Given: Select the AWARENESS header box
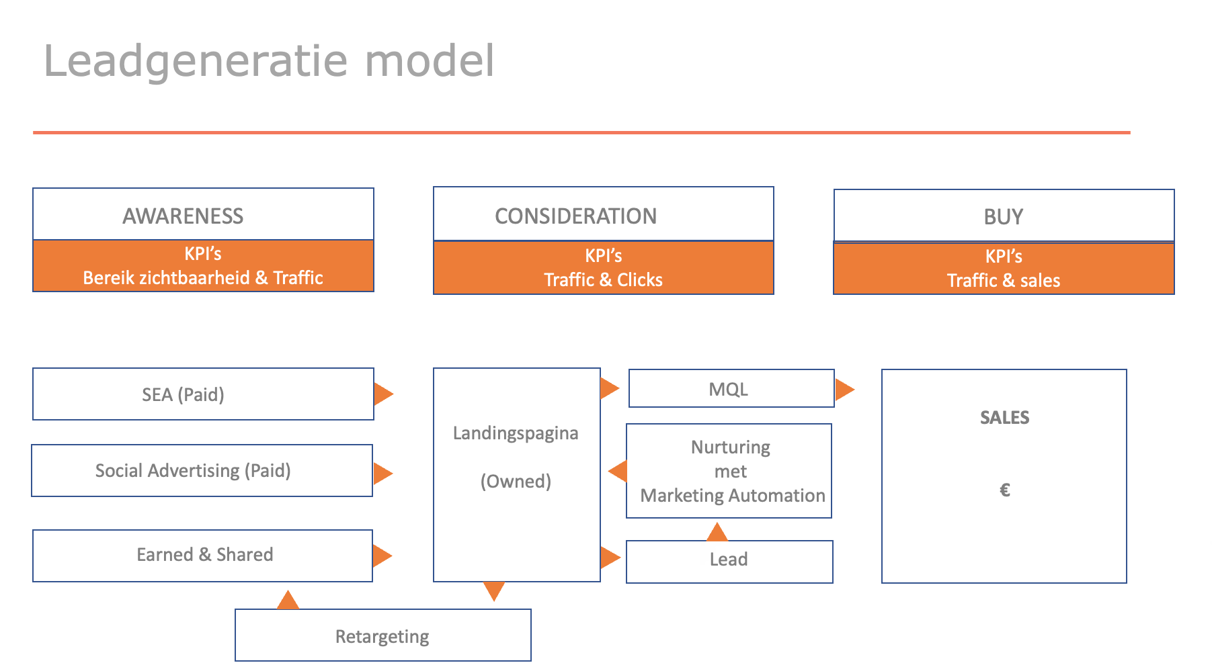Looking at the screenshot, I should (x=203, y=215).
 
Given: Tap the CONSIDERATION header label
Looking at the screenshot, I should (x=575, y=216).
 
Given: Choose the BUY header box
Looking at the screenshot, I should (x=1004, y=216).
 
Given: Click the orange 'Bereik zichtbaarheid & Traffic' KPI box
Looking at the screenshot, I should (x=203, y=266).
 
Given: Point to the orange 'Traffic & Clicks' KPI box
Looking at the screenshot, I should (x=603, y=268).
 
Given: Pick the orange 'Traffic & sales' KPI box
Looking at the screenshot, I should (x=1004, y=269).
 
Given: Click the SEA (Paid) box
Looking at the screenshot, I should (x=203, y=394).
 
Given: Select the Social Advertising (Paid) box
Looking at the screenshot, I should (x=202, y=471).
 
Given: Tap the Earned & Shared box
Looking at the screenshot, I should (x=202, y=555).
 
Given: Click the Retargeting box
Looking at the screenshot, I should (x=382, y=635).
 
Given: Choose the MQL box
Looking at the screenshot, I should (x=731, y=389).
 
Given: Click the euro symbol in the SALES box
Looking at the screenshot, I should (x=1005, y=490).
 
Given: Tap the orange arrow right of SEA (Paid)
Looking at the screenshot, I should (x=382, y=394).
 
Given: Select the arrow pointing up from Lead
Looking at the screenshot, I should (x=717, y=533).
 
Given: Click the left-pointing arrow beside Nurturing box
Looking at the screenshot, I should (x=618, y=471).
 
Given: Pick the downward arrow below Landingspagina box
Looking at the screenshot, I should (x=494, y=590).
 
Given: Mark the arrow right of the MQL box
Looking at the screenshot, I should (x=844, y=389).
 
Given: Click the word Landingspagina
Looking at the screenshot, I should (x=516, y=433).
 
